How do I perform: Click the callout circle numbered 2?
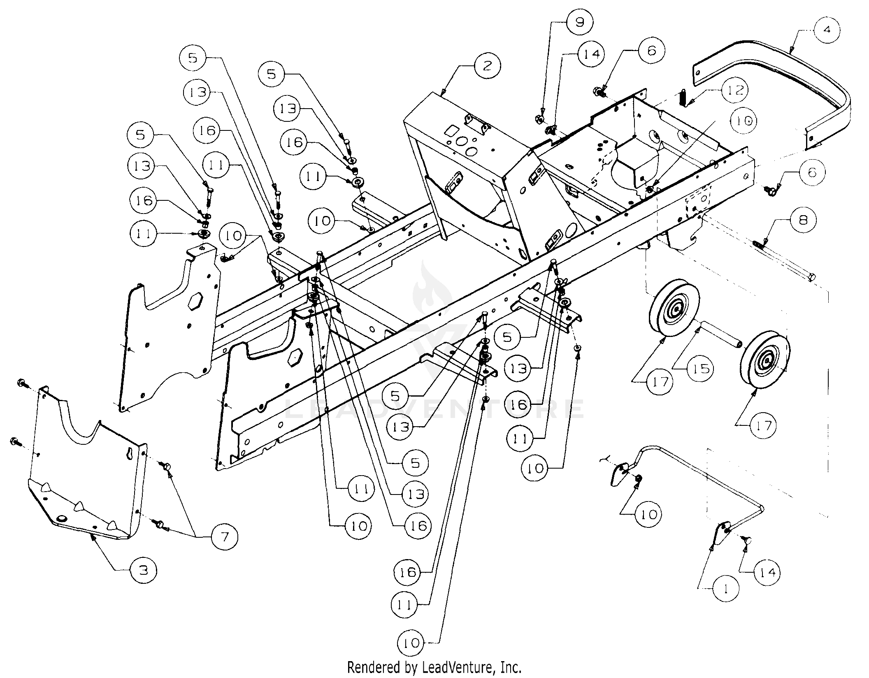pyautogui.click(x=487, y=66)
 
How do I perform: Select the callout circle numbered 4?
pyautogui.click(x=826, y=30)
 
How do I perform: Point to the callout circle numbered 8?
pyautogui.click(x=802, y=221)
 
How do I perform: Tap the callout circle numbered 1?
pyautogui.click(x=725, y=590)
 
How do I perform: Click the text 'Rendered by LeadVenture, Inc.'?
pyautogui.click(x=434, y=666)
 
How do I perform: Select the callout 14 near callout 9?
pyautogui.click(x=591, y=53)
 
